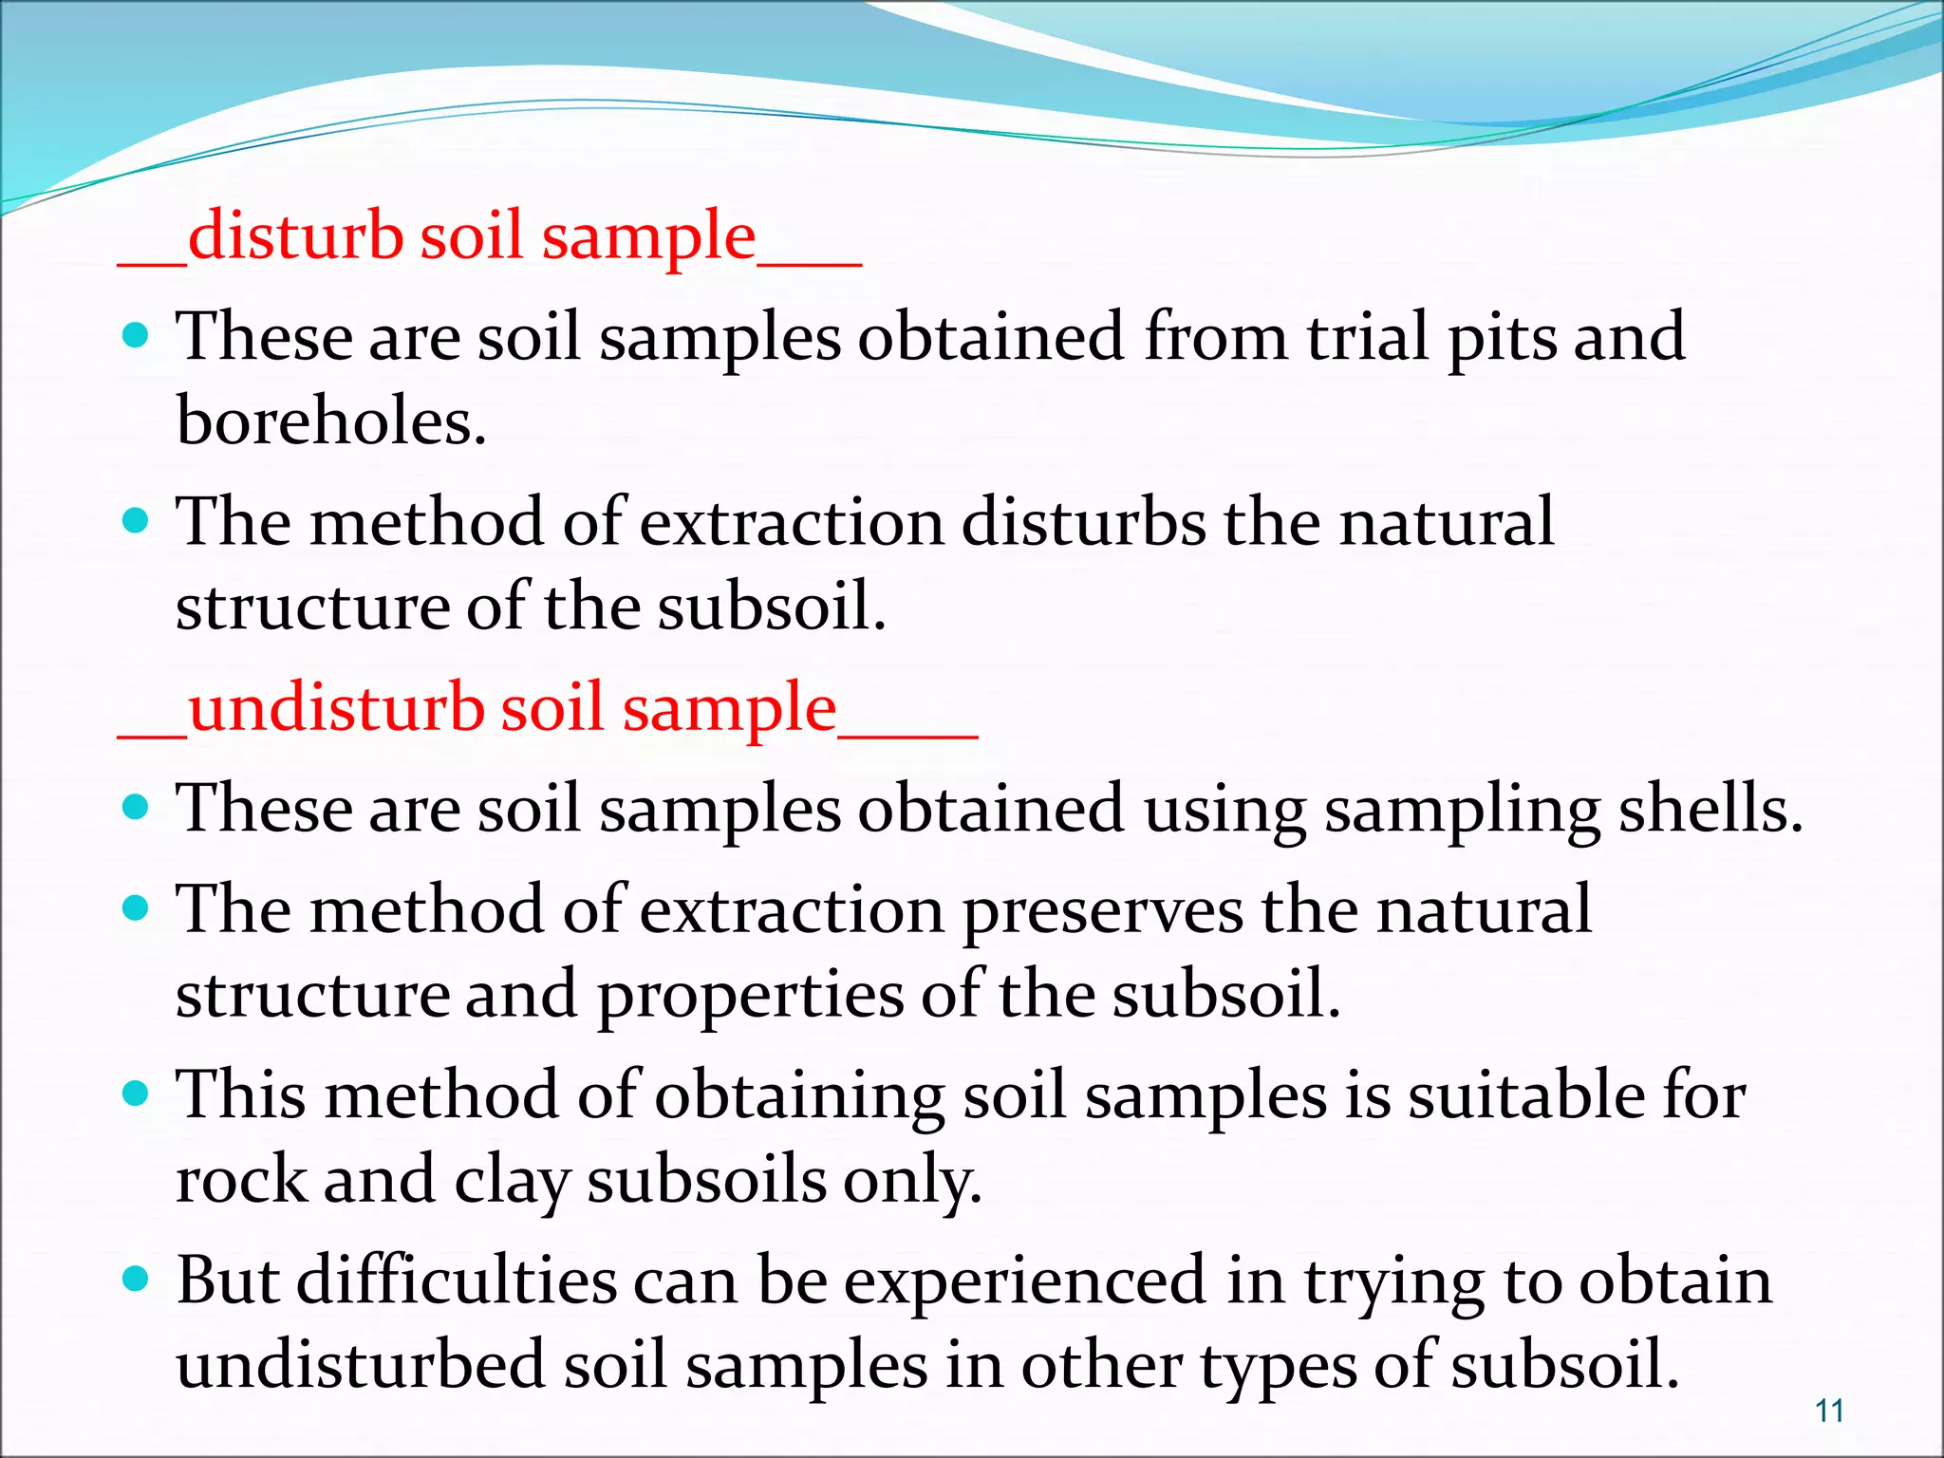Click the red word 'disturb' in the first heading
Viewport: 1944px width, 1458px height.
[295, 235]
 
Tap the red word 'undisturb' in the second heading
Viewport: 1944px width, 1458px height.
[336, 708]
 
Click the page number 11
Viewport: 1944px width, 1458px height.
[1829, 1411]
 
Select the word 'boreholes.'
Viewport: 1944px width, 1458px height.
[331, 421]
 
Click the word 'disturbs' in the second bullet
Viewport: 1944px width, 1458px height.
[1083, 522]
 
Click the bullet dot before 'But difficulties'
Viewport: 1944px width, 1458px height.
[138, 1279]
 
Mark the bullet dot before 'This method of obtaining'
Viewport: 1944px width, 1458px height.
[138, 1093]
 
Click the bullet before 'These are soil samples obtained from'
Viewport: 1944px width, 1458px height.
[138, 335]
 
